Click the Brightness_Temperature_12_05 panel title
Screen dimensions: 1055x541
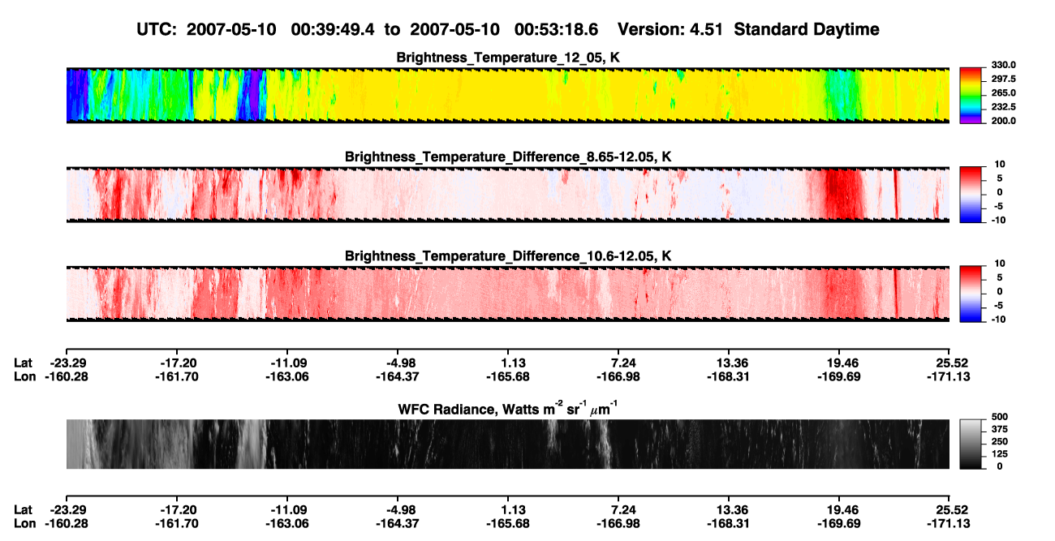tap(508, 58)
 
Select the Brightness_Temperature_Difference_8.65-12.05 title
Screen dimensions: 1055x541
tap(508, 157)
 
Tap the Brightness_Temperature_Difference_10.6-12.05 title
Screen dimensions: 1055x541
tap(508, 256)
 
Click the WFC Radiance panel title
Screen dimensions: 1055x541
tap(508, 409)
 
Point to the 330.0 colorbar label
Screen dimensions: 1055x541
tap(1003, 65)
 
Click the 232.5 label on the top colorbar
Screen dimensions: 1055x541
tap(1003, 107)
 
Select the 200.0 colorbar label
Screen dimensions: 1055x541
tap(1003, 121)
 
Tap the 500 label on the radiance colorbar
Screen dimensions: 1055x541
tap(1000, 417)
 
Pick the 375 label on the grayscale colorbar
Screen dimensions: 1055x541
tap(1000, 429)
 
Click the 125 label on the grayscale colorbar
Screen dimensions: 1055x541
tap(1000, 454)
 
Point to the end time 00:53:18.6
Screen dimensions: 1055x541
tap(556, 30)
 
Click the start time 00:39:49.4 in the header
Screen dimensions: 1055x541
tap(333, 30)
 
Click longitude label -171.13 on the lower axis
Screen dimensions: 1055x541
tap(949, 524)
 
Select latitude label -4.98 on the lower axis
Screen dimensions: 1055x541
tap(398, 510)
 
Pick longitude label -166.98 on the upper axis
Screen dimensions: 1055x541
tap(618, 376)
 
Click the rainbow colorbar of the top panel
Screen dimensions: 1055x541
tap(971, 96)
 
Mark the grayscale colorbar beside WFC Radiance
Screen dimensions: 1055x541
tap(971, 444)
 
